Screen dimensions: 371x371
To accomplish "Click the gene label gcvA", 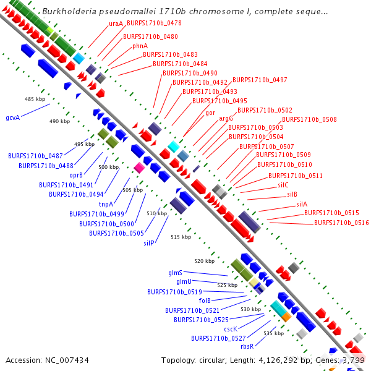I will [x=12, y=117].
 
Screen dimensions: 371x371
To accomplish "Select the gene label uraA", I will [x=116, y=23].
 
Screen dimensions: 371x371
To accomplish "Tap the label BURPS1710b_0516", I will [x=341, y=223].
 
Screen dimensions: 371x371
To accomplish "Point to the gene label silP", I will [x=148, y=243].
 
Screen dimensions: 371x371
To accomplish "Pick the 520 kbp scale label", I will [x=204, y=262].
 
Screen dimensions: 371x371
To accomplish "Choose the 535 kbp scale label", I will [x=273, y=333].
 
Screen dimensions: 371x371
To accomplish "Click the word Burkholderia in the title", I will [x=66, y=12].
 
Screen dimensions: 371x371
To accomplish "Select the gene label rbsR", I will [x=247, y=346].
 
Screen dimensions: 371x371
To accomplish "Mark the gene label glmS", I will [x=175, y=273].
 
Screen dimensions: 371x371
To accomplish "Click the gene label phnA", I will [x=140, y=46].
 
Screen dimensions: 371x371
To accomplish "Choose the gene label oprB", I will [x=76, y=175].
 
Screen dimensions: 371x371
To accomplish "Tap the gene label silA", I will [x=301, y=204].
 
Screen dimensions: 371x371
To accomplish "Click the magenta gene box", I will [x=139, y=168].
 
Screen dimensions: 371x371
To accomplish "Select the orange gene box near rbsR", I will [x=286, y=317].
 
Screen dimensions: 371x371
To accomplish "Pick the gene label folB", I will [x=205, y=301].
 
